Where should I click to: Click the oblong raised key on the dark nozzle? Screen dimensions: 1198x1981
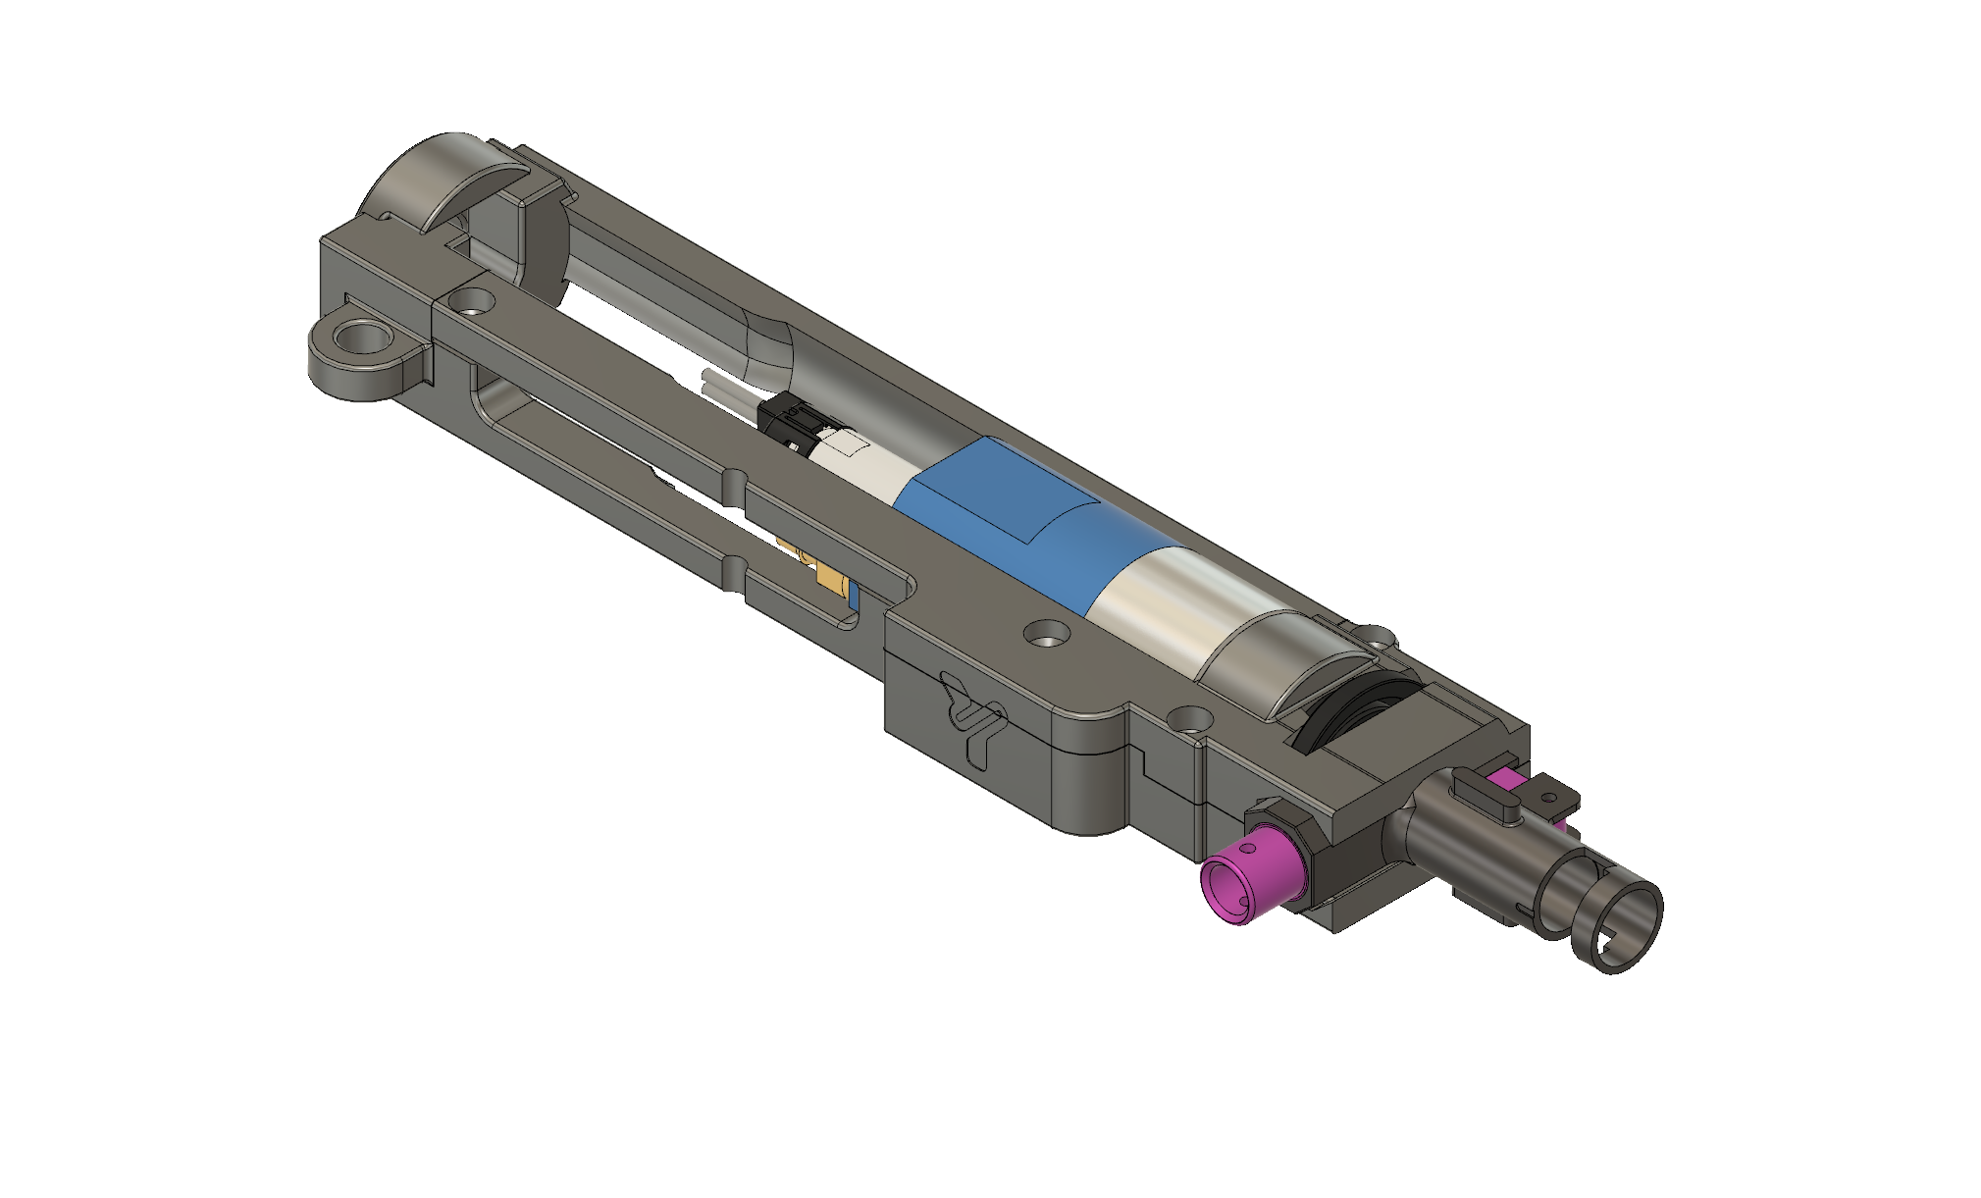coord(1486,791)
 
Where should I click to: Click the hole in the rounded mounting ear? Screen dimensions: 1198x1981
coord(358,340)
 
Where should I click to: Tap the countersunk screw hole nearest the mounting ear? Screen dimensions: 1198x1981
coord(473,299)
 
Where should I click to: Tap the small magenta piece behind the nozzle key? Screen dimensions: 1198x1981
coord(1502,780)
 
